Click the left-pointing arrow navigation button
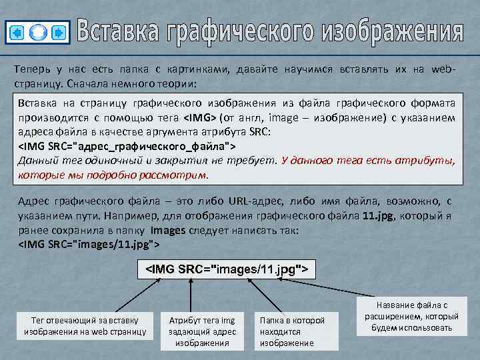click(18, 31)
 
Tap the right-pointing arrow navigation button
click(58, 31)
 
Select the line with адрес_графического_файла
click(126, 145)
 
